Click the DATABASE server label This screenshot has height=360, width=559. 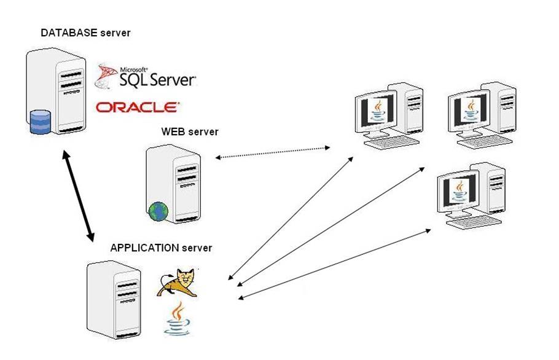(x=85, y=33)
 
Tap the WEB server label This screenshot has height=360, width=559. (x=190, y=132)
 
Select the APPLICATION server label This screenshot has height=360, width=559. (x=161, y=248)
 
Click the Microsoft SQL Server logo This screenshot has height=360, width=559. (x=146, y=76)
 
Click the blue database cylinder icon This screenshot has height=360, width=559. (x=40, y=121)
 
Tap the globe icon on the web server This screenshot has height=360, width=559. (x=158, y=211)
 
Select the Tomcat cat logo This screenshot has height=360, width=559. (x=178, y=283)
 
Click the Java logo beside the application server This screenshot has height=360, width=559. (x=176, y=318)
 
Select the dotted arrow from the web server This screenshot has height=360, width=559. (x=273, y=152)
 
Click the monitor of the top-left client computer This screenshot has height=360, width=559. (x=378, y=114)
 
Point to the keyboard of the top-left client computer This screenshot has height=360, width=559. (x=391, y=144)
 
